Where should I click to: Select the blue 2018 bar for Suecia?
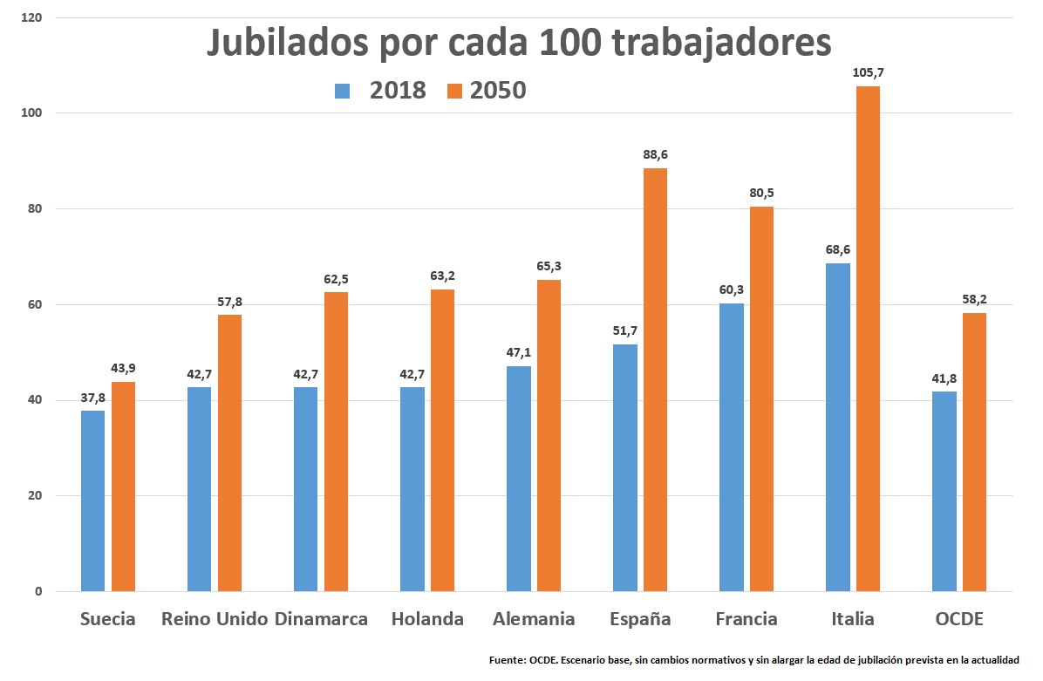click(92, 501)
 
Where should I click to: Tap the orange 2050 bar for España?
click(655, 379)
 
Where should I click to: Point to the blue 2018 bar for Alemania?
click(518, 479)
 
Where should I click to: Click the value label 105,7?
click(868, 72)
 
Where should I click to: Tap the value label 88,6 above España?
click(655, 154)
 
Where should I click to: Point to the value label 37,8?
click(92, 397)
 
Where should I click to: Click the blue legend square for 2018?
click(342, 91)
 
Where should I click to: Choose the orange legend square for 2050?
click(454, 91)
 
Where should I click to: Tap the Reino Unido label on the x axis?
click(215, 619)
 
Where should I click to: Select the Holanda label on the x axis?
click(427, 619)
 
